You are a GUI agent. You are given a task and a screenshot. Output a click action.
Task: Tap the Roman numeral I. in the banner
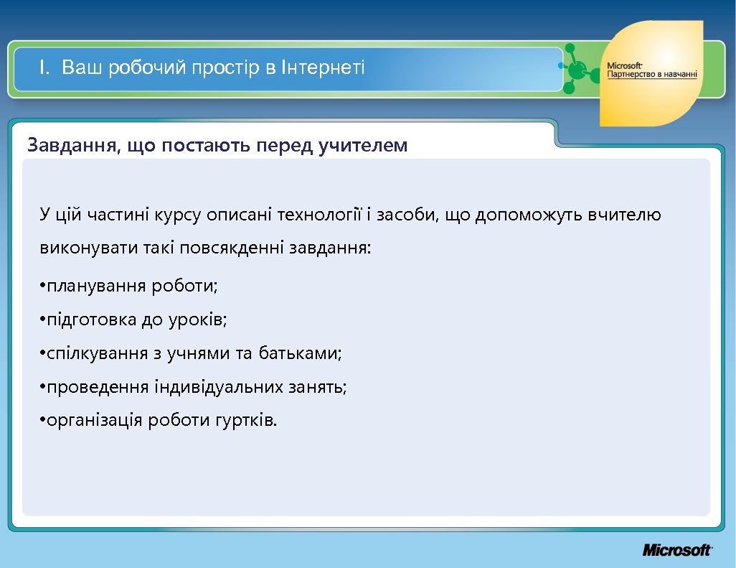[x=45, y=69]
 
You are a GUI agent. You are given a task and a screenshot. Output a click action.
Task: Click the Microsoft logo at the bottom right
[x=676, y=550]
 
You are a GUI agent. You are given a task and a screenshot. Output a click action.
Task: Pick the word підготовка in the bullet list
[x=91, y=320]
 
